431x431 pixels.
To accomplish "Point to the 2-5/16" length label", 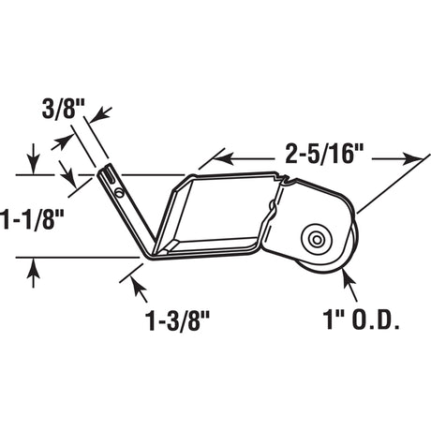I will click(x=320, y=151).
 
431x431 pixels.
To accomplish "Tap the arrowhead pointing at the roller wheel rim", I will click(x=346, y=275).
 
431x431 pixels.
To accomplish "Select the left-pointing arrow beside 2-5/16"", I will click(x=225, y=154).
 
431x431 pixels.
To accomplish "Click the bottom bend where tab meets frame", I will click(x=150, y=253).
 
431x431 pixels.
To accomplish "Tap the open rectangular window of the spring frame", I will click(x=214, y=215).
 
